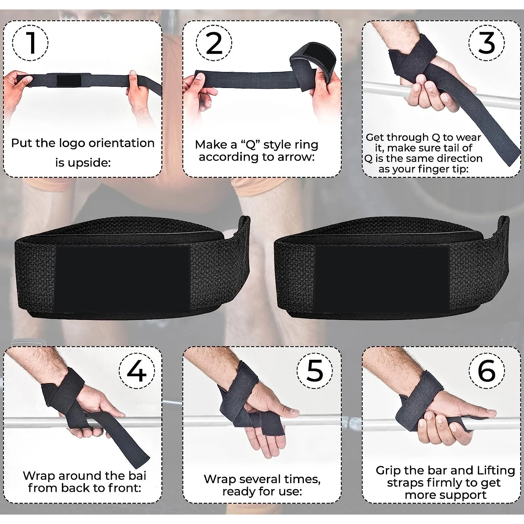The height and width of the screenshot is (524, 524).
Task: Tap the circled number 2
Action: (x=214, y=43)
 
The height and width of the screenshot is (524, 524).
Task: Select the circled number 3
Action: (x=487, y=43)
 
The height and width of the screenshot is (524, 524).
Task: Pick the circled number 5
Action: (x=315, y=371)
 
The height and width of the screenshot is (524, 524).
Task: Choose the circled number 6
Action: (x=487, y=371)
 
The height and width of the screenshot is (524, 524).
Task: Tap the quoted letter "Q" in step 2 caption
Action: (x=251, y=145)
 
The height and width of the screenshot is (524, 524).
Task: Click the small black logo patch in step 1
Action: (x=69, y=80)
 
